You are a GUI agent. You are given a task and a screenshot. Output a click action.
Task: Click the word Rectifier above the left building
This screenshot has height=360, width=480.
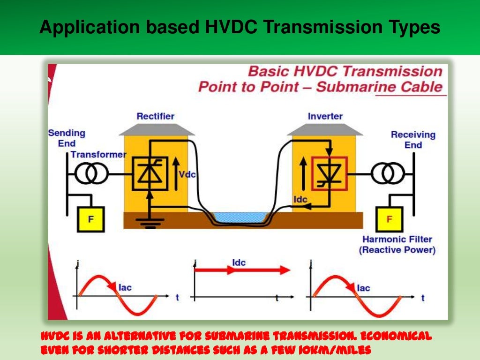click(x=155, y=116)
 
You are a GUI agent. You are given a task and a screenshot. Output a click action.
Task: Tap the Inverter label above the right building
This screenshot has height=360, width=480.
click(x=325, y=116)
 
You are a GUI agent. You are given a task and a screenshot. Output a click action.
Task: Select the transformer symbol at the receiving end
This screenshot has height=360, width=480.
click(x=388, y=174)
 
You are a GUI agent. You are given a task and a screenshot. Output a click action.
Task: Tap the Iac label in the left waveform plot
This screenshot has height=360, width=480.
click(x=125, y=288)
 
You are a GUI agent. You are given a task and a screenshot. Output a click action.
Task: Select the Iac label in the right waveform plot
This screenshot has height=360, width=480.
click(x=363, y=288)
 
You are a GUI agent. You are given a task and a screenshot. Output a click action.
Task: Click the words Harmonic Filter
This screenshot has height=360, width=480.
click(x=397, y=240)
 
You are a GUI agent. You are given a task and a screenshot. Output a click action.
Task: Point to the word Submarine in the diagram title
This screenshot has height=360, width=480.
click(x=350, y=87)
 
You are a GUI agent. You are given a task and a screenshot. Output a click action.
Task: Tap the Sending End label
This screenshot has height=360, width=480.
click(x=67, y=138)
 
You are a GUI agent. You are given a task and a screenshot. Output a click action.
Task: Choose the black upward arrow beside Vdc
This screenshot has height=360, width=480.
click(x=176, y=173)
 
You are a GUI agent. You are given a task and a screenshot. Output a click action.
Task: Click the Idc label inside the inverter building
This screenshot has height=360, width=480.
click(x=300, y=200)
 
